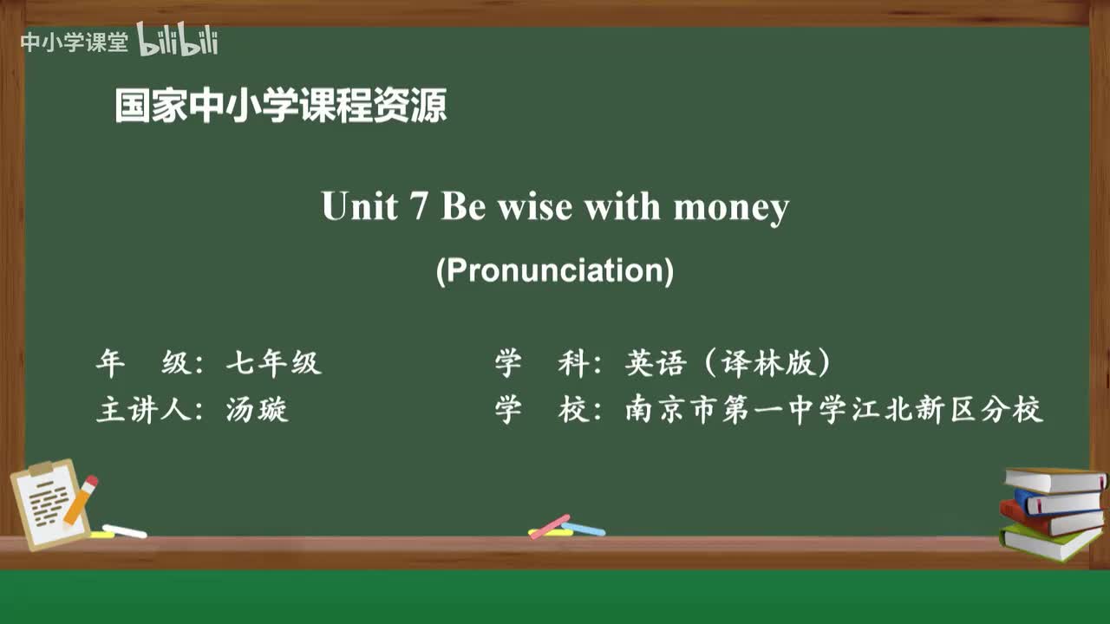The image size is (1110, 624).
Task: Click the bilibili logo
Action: coord(178,40)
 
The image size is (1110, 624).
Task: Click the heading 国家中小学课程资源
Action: coord(281,107)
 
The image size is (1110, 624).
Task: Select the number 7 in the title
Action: coord(417,207)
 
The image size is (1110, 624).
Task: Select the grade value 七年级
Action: coord(273,364)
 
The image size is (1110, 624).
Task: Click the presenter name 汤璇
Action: coord(257,409)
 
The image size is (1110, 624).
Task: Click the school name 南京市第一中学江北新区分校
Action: coord(833,409)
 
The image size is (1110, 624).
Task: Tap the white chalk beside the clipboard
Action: coord(124,530)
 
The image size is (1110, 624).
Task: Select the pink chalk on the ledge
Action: coord(549,526)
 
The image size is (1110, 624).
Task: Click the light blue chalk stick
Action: coord(584,529)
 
